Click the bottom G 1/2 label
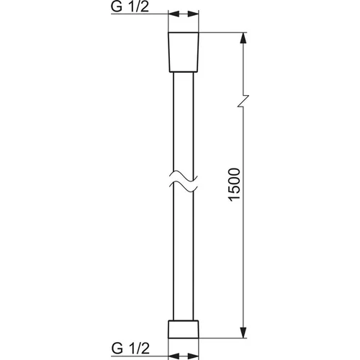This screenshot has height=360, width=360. (130, 348)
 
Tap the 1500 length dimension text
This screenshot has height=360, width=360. (235, 184)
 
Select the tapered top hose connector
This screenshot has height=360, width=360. (184, 52)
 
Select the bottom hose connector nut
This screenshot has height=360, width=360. (184, 329)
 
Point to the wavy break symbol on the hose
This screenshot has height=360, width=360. (184, 182)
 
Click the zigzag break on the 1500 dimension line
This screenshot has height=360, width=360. (243, 101)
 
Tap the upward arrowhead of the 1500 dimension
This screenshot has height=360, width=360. (243, 39)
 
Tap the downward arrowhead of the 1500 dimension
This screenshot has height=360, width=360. (243, 331)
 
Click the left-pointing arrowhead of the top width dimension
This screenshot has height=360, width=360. (174, 14)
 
